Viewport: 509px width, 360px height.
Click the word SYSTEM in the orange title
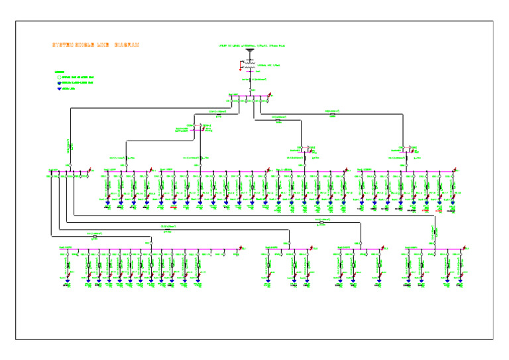tap(62, 45)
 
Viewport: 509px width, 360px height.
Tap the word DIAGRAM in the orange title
tap(127, 45)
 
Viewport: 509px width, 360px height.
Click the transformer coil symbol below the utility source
tap(250, 67)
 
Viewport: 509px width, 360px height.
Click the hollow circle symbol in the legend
tap(58, 77)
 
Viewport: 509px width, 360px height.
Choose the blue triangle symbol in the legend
tap(58, 88)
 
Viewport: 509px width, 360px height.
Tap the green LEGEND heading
tap(59, 72)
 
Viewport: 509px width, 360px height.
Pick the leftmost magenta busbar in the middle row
tap(67, 173)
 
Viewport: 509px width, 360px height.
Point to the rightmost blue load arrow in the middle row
tap(453, 205)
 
